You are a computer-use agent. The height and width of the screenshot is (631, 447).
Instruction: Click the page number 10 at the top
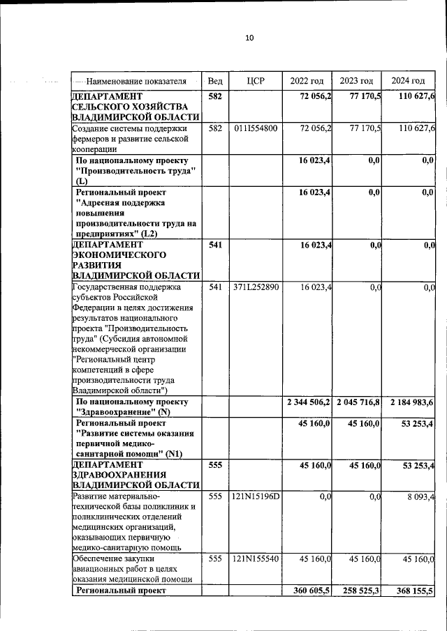(249, 38)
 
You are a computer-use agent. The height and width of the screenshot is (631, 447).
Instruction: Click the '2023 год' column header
(356, 81)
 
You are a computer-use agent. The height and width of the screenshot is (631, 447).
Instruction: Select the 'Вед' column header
(215, 81)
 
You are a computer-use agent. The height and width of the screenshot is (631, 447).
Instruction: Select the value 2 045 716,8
(358, 403)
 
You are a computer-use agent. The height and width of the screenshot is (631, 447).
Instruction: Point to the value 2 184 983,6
(409, 403)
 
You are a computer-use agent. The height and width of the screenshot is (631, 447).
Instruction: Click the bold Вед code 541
(215, 245)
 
